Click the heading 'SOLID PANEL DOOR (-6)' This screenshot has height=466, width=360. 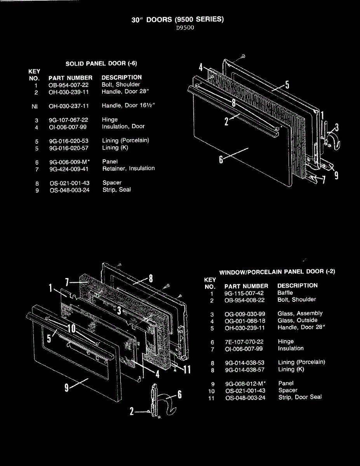point(101,63)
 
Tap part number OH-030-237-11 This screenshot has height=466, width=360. point(69,106)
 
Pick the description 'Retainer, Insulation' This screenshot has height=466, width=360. point(129,169)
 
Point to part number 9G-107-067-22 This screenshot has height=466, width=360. point(69,120)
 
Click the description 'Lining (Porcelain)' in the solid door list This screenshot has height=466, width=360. point(125,141)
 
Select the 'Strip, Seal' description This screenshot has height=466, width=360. point(117,190)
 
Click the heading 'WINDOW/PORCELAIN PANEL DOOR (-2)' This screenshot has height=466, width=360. point(277,272)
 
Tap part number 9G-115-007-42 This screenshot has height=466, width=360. point(244,293)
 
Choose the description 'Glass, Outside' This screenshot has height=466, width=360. point(297,320)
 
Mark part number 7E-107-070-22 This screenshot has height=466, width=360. point(244,342)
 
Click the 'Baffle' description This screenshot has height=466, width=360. point(285,293)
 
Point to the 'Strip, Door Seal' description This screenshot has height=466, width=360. point(300,397)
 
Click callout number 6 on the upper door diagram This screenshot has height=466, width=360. point(221,160)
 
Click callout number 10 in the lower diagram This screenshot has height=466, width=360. point(71,329)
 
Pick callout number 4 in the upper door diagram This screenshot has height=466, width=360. point(201,67)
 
